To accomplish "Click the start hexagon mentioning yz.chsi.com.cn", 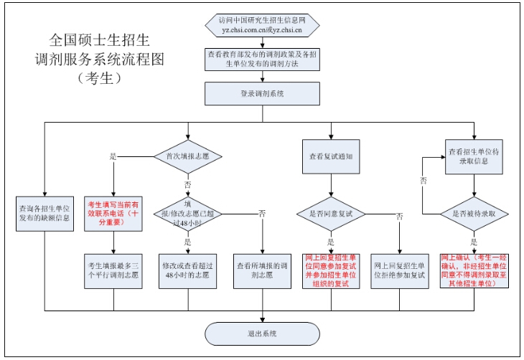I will (x=261, y=25).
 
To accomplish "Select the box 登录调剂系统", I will (x=261, y=93).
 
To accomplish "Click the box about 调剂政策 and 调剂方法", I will (x=261, y=59).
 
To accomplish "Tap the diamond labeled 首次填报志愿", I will (x=187, y=156).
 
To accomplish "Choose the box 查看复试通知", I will (x=330, y=156).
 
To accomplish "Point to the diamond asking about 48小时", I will (x=187, y=213).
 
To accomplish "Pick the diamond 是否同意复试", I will (x=330, y=213).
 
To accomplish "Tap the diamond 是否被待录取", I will (x=474, y=213).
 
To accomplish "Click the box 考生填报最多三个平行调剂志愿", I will (x=113, y=269).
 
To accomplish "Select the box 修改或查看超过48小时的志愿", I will (x=187, y=269).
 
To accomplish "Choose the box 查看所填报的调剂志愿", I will (x=261, y=269).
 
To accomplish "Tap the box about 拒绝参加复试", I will (x=399, y=269).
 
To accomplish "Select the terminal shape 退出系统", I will (x=261, y=333).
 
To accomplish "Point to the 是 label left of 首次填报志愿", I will (x=112, y=156).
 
